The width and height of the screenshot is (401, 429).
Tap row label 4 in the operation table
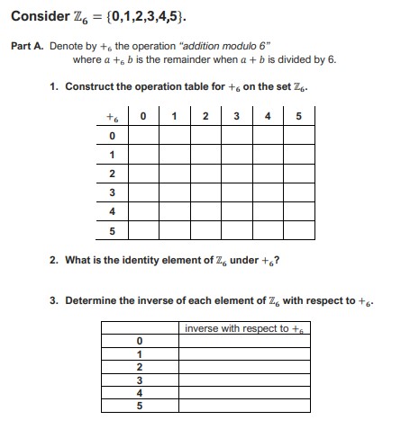tap(113, 211)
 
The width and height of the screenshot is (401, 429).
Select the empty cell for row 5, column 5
tap(299, 230)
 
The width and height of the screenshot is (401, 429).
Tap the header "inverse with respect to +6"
tap(243, 328)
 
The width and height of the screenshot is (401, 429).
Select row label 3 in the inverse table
tap(139, 380)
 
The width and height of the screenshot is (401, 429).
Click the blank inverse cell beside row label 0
tap(243, 342)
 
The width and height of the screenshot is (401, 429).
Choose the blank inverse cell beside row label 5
tap(243, 405)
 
